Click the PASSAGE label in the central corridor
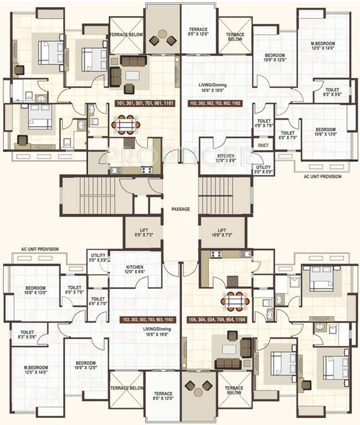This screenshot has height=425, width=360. pos(181,209)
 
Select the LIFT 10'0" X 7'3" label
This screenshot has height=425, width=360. pos(222,232)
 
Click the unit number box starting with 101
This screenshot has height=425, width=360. pos(145,103)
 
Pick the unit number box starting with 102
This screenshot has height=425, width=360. pos(219,103)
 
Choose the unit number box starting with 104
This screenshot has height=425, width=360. pos(217,320)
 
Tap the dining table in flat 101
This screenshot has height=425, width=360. pos(126,125)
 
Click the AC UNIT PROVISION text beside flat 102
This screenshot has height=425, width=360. pos(322,177)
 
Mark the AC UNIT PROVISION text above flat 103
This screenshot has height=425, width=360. pos(40,250)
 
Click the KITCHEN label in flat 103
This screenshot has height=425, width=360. pos(135,269)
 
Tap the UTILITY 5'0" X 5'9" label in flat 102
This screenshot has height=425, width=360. pos(263,169)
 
